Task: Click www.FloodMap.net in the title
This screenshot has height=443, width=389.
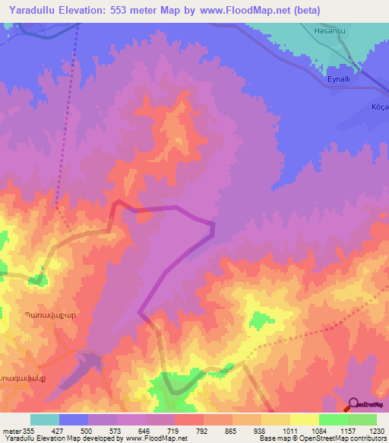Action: (x=240, y=11)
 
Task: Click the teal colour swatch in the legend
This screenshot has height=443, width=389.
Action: (x=45, y=419)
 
